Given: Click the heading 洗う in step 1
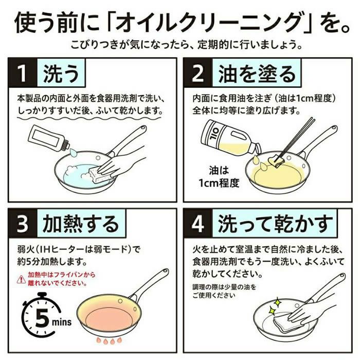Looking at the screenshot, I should coord(61,75).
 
